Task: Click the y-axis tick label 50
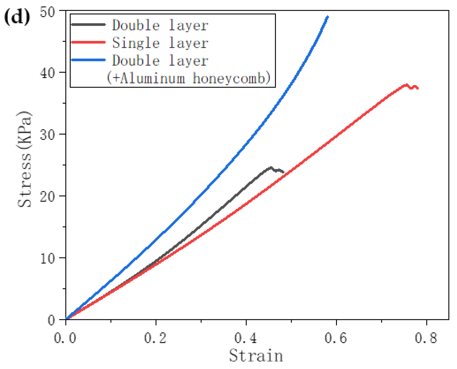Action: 48,12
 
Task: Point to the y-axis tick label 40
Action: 48,73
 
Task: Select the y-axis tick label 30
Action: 48,135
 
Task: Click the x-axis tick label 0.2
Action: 155,338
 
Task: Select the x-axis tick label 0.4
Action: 246,338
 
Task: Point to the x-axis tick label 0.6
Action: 336,338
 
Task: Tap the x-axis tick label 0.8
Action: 426,338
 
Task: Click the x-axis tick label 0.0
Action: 65,338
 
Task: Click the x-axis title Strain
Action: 256,356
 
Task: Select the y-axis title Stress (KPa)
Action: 25,160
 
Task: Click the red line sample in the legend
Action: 88,42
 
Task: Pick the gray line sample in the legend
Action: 88,25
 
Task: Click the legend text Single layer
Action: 160,43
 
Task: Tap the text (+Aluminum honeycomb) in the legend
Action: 188,78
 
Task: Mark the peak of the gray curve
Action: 271,167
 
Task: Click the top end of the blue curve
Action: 328,17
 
